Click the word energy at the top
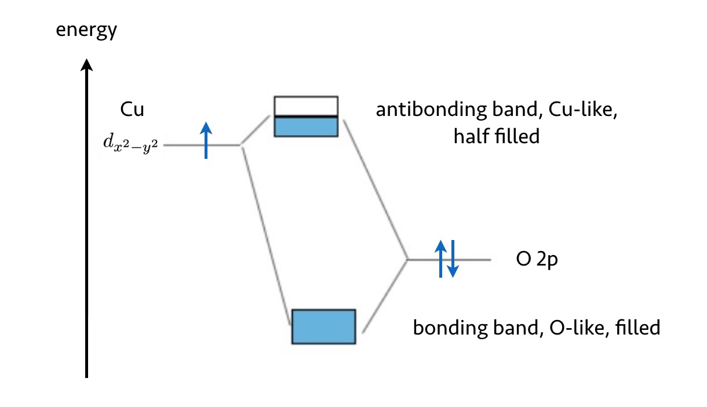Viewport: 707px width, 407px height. point(86,30)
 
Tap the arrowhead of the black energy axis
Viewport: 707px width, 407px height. point(86,65)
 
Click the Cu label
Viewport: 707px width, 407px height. point(132,110)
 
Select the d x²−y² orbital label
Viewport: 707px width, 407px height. point(130,144)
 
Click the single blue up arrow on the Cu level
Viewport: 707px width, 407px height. point(206,140)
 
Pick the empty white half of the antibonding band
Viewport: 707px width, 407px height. point(306,107)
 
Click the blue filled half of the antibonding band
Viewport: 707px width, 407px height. point(306,126)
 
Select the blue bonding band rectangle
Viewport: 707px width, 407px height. point(323,326)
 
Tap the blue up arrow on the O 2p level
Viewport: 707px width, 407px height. point(440,259)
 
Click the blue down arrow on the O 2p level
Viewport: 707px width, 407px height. point(453,259)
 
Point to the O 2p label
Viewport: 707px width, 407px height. point(537,260)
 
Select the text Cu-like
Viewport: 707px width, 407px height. point(583,110)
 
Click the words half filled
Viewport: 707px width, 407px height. point(497,136)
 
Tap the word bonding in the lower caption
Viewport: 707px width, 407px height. point(451,328)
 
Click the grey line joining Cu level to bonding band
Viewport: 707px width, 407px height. point(266,237)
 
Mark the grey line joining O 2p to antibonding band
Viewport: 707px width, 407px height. point(375,190)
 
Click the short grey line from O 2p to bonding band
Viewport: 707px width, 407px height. point(385,296)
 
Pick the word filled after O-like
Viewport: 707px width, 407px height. point(638,327)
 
